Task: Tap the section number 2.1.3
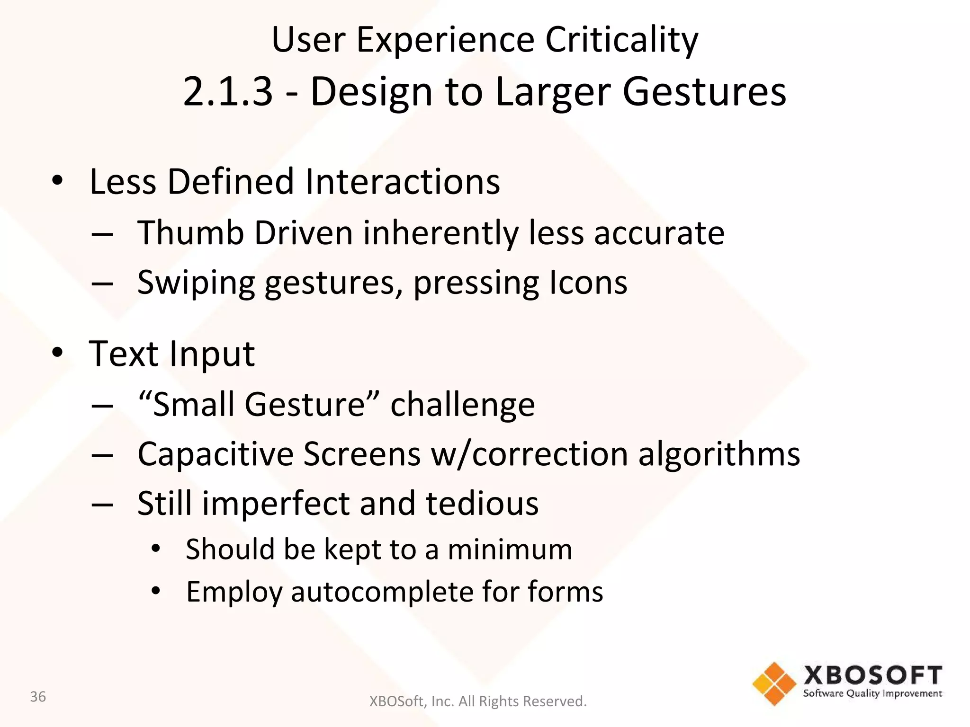[228, 91]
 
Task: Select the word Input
[212, 355]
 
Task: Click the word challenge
[462, 406]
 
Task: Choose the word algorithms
[719, 454]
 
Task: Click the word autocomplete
[381, 592]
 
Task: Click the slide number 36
[38, 697]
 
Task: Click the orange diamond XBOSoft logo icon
[774, 683]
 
